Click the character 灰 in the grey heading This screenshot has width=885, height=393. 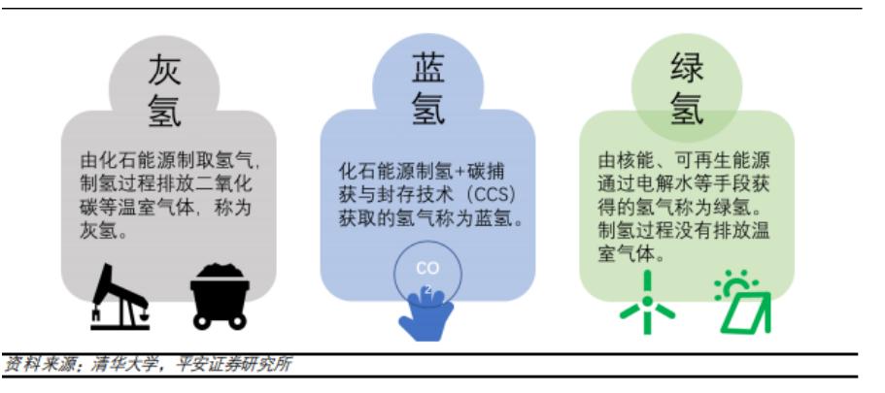(x=164, y=71)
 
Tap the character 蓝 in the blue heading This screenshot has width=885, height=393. (x=427, y=69)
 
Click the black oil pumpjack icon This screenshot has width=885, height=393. (x=120, y=296)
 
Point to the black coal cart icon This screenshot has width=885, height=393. (x=220, y=296)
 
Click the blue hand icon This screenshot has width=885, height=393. (x=425, y=313)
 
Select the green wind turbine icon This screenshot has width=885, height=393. (x=647, y=302)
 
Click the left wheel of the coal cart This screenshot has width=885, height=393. (x=201, y=321)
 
